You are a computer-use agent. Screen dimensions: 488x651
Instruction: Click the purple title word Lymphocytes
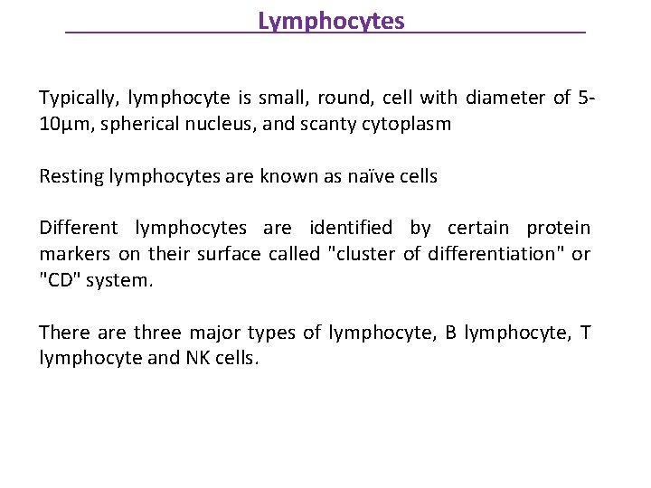(x=331, y=21)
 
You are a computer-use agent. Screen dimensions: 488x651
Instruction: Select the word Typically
(x=79, y=98)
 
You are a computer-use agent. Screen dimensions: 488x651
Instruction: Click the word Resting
(x=71, y=176)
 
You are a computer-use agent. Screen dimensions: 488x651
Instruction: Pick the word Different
(x=80, y=229)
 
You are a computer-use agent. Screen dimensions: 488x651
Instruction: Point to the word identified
(x=353, y=229)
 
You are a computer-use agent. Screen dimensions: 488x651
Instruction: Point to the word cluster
(x=364, y=254)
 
